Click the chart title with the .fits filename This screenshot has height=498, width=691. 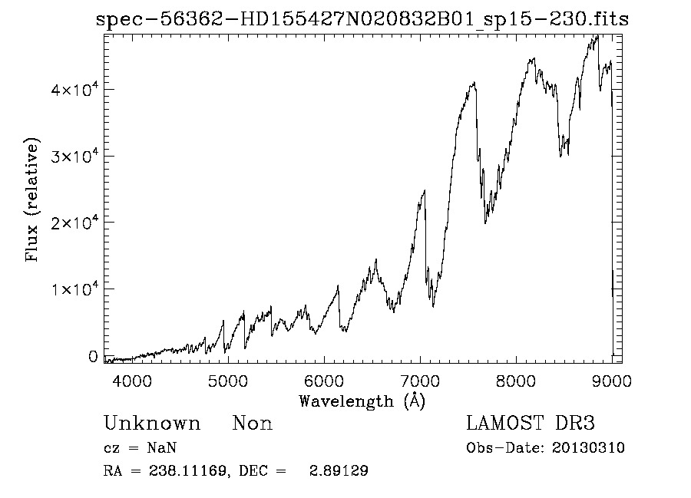tap(362, 20)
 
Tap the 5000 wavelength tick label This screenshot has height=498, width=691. tap(228, 380)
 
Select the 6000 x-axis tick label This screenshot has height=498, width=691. tap(324, 380)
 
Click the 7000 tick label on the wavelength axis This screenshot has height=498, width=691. tap(420, 380)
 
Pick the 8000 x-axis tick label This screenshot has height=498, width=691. tap(516, 380)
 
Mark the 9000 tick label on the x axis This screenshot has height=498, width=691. tap(611, 380)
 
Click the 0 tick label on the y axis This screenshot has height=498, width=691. tap(93, 356)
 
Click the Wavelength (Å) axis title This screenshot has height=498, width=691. tap(361, 401)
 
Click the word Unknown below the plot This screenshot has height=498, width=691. tap(152, 424)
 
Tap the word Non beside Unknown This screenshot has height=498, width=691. tap(253, 424)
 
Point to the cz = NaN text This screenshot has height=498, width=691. tap(142, 448)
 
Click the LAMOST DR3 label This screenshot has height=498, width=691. tap(531, 424)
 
